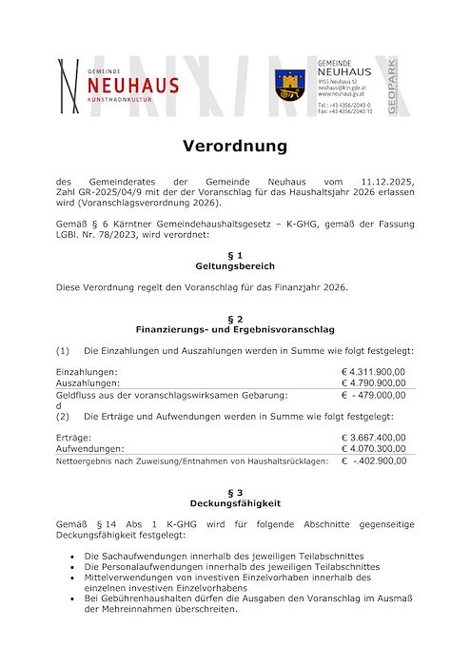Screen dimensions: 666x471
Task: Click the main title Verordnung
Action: coord(235,147)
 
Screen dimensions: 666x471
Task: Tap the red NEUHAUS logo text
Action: coord(139,85)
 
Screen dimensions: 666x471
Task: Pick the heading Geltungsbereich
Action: coord(235,266)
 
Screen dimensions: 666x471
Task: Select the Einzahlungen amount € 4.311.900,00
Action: coord(373,371)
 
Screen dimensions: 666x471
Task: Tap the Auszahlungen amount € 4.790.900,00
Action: coord(373,382)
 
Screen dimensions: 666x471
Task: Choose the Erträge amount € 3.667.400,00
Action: coord(373,438)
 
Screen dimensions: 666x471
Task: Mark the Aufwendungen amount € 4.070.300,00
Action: coord(373,448)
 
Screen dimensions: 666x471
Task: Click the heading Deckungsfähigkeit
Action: coord(235,502)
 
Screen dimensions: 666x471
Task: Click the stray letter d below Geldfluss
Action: coord(59,405)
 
